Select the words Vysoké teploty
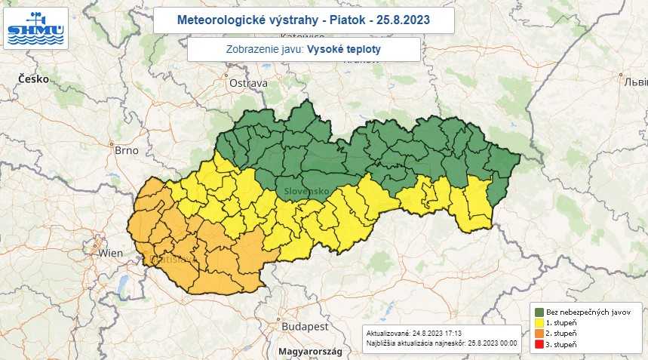coord(344,49)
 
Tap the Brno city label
coord(126,150)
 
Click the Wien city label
coord(110,253)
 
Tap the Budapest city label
coord(304,326)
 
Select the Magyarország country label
coord(309,352)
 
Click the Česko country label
coord(33,78)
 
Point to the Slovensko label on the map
coord(306,191)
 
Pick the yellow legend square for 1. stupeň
coord(540,323)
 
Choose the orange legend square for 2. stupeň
coord(540,334)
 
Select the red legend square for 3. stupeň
coord(540,345)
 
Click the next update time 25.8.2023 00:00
coord(491,343)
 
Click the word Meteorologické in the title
coord(217,20)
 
